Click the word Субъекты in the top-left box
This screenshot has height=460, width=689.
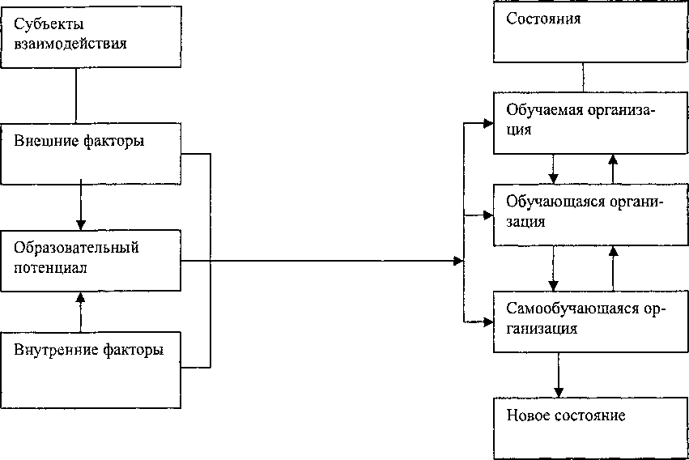coord(49,23)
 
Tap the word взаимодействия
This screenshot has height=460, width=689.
coord(70,44)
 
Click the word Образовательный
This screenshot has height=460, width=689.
coord(76,248)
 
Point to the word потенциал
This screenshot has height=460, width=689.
coord(50,267)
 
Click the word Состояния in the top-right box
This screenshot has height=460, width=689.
coord(543,19)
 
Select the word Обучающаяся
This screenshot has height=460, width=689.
coord(552,202)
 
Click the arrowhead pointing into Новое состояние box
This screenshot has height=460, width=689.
coord(559,392)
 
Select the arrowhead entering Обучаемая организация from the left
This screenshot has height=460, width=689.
coord(487,123)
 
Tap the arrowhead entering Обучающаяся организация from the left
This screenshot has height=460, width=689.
coord(487,215)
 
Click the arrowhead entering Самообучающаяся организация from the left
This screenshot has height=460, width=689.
coord(487,322)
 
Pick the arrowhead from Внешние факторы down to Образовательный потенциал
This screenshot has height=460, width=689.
coord(81,224)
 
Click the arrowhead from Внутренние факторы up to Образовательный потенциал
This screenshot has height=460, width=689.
coord(80,297)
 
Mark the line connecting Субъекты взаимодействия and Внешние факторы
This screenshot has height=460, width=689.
coord(76,96)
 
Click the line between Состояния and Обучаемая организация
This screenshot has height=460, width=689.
coord(583,77)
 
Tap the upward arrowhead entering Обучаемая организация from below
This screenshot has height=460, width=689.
coord(613,160)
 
